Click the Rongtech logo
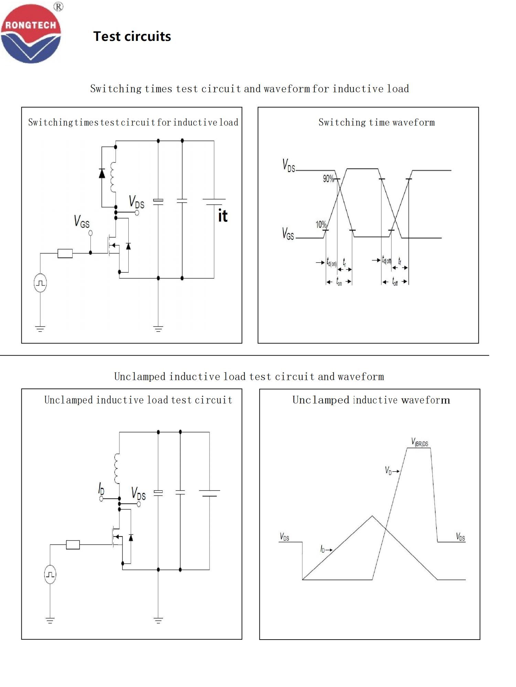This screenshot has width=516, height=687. (x=31, y=34)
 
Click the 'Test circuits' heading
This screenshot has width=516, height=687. (x=132, y=36)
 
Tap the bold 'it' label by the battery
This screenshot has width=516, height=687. (x=223, y=216)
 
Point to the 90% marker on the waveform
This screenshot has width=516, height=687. (x=328, y=179)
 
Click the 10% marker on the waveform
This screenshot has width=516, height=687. (x=321, y=225)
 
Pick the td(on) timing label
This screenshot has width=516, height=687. (x=332, y=262)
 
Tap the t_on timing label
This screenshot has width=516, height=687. (x=339, y=282)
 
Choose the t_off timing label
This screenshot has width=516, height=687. (x=395, y=282)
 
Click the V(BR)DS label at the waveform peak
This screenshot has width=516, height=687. (x=420, y=442)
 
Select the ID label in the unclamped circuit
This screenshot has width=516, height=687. (x=101, y=488)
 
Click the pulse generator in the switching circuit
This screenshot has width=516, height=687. (x=40, y=283)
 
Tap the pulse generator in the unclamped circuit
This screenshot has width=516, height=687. (x=50, y=574)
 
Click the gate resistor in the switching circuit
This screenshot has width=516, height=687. (x=65, y=254)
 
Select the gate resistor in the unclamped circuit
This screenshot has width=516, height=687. (x=73, y=544)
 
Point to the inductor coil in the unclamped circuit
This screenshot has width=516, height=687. (x=117, y=469)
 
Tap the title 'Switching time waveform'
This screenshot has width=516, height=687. (x=376, y=122)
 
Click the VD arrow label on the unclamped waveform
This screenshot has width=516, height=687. (x=391, y=471)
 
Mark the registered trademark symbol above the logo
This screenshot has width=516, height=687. (x=58, y=7)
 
